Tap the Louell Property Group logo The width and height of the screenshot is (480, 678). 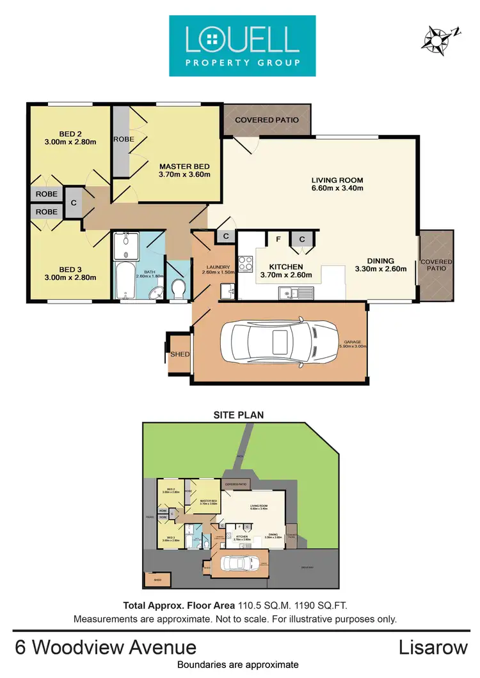243,46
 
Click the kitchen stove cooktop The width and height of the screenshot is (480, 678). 246,263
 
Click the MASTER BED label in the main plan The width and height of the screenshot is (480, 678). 184,166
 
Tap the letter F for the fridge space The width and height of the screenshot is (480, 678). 278,239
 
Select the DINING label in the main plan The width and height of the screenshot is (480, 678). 380,261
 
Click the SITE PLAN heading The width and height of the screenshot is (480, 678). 239,415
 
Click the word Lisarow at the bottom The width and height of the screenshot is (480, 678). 434,647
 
